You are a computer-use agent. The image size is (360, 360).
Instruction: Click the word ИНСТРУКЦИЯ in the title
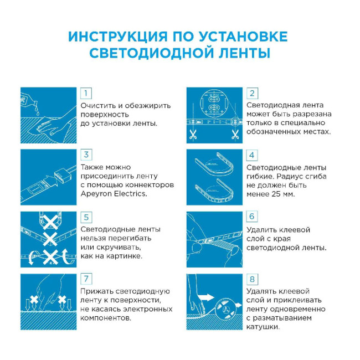coord(112,37)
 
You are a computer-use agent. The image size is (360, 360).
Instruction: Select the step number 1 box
coord(86,92)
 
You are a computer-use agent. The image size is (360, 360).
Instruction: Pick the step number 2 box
coord(252,92)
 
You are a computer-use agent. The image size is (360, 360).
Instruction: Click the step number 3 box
coord(86,155)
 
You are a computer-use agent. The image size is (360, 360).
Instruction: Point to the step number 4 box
coord(252,155)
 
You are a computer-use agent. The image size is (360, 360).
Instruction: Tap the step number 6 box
coord(252,217)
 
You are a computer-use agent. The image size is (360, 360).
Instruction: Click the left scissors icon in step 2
coord(193,133)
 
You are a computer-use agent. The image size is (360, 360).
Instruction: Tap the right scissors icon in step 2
coord(235,133)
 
